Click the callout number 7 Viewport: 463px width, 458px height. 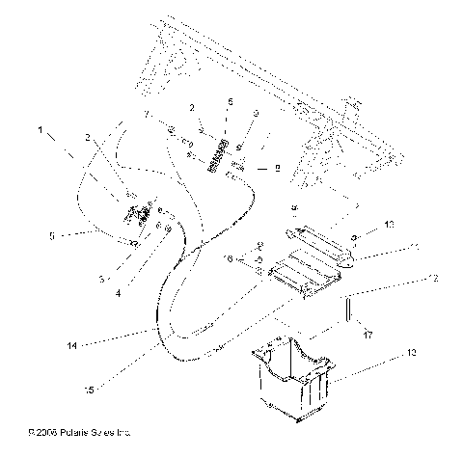click(146, 114)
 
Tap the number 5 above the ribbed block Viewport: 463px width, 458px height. click(230, 100)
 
